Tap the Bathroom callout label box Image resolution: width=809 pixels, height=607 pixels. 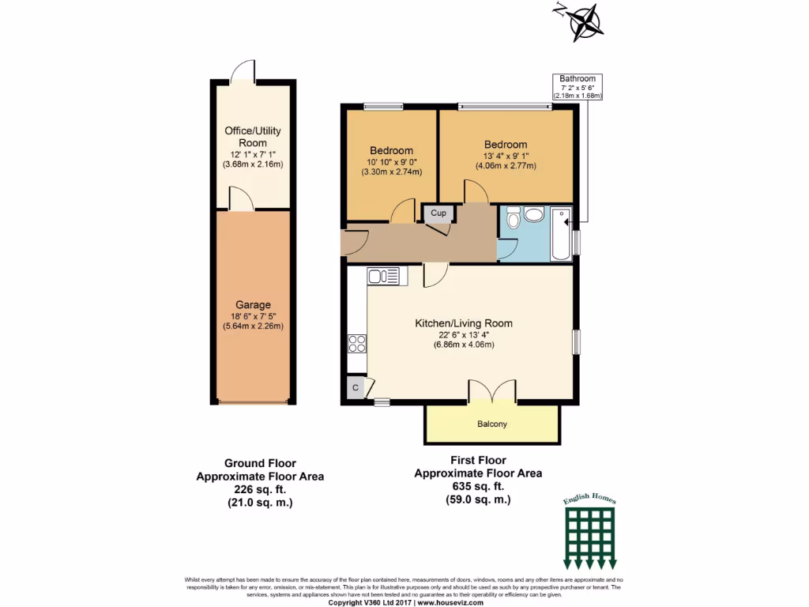578,87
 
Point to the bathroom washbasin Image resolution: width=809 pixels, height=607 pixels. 534,214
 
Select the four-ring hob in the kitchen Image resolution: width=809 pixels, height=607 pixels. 357,344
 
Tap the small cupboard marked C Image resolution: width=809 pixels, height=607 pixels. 356,387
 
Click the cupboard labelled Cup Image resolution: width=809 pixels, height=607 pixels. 438,213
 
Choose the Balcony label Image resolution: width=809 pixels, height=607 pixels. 492,424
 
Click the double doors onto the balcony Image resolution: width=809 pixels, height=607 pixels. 492,391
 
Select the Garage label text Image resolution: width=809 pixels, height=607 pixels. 253,305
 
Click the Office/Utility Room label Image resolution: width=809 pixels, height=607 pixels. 253,137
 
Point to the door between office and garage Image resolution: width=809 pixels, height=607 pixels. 241,199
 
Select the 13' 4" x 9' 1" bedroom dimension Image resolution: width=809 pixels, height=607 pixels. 506,156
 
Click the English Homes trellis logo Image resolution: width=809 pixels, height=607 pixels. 590,534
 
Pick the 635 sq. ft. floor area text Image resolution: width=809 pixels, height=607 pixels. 478,486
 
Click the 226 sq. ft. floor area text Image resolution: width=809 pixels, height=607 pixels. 259,489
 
